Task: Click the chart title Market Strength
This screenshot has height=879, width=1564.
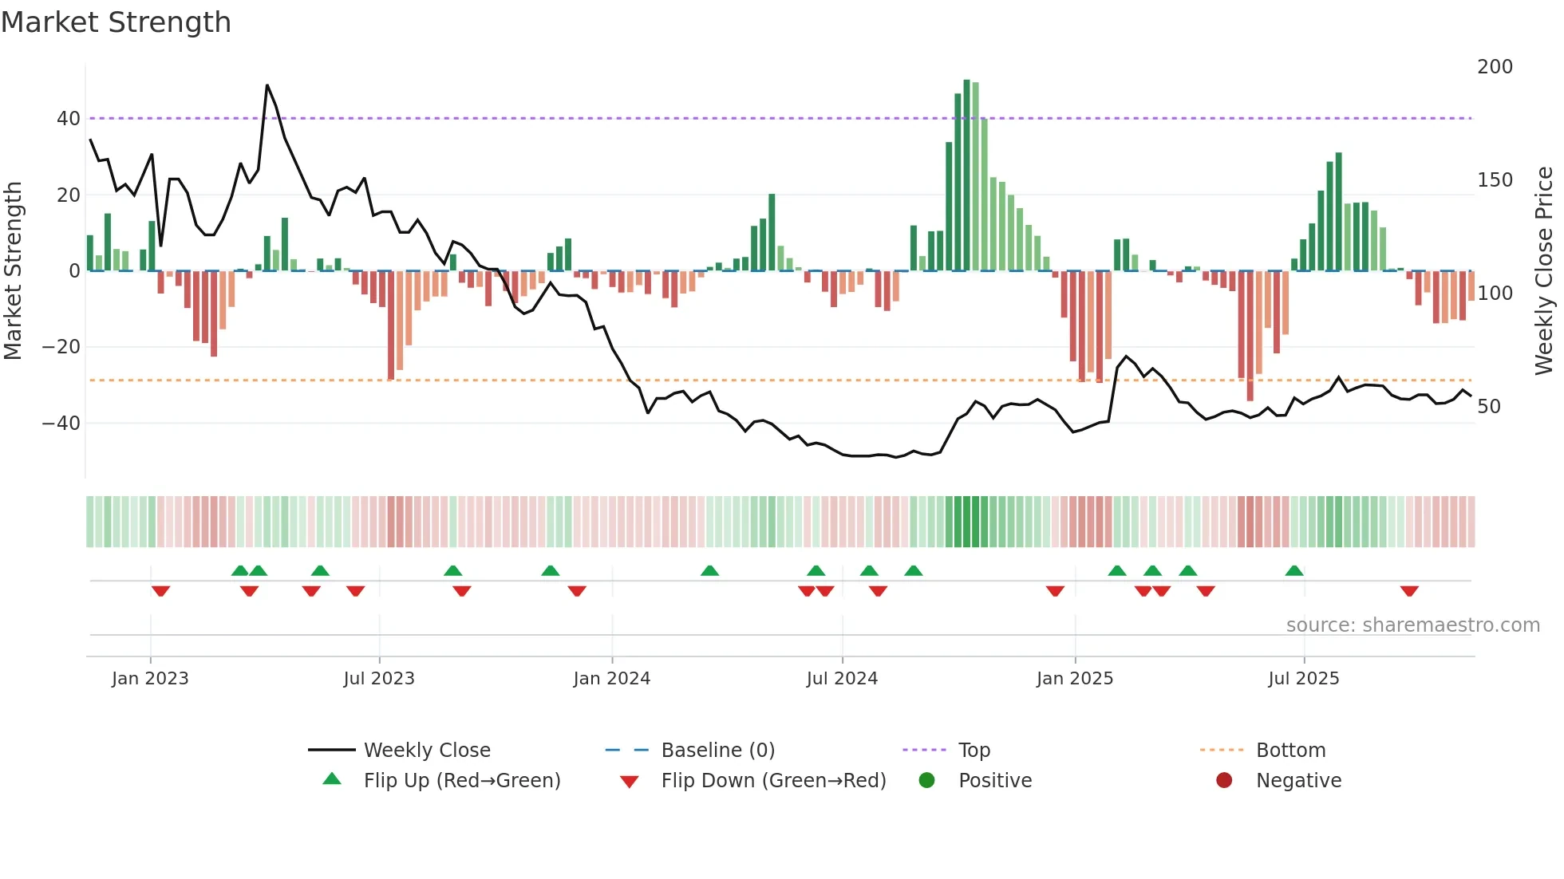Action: [116, 22]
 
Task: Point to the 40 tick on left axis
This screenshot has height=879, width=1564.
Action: [69, 119]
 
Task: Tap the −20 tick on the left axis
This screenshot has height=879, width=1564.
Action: [61, 347]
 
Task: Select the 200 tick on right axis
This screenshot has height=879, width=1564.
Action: [1495, 67]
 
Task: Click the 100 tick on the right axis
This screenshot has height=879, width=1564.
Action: [1495, 294]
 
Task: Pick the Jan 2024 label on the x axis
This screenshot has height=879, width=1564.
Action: [611, 679]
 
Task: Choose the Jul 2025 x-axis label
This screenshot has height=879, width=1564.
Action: [1303, 679]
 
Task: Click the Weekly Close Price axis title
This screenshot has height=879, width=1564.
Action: [1544, 271]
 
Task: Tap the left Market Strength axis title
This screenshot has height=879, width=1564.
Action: [14, 271]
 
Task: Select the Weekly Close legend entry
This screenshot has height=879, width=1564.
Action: [426, 751]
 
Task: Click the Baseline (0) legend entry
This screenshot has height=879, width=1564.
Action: [717, 751]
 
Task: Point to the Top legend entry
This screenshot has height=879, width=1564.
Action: [974, 751]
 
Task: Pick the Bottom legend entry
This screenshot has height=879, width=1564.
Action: [1290, 751]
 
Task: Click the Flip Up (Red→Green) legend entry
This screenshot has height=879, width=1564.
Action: [461, 781]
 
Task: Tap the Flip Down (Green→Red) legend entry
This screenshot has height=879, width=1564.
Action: [773, 781]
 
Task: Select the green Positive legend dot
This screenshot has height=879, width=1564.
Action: [926, 781]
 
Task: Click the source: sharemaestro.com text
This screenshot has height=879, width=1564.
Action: [1412, 625]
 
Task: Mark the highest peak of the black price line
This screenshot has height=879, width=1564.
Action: [267, 85]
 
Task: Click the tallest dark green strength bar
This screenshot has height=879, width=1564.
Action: [966, 175]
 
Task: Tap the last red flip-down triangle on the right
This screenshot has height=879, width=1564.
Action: [1409, 591]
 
